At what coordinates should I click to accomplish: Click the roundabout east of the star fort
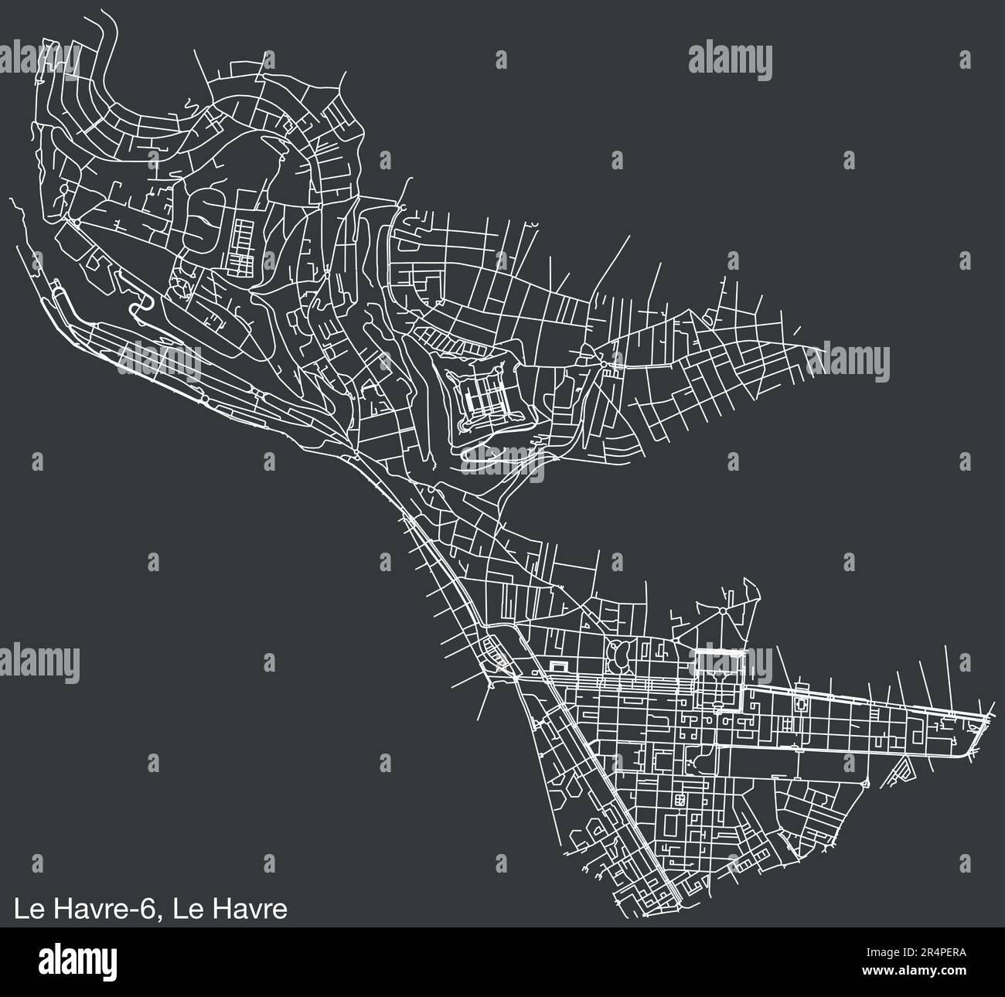[x=604, y=361]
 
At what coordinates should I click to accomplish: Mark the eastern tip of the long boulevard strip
[x=985, y=719]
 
